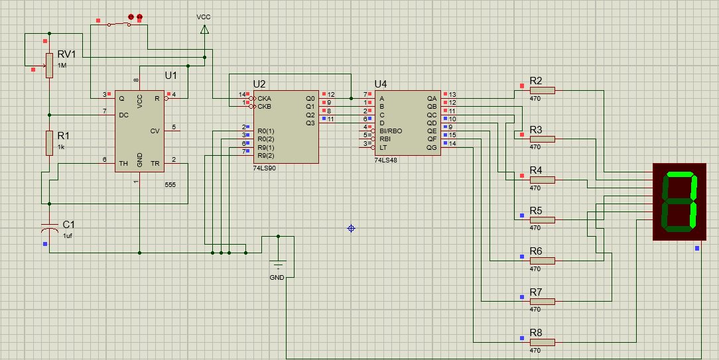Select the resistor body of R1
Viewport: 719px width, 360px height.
(x=49, y=143)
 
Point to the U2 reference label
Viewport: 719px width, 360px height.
(x=259, y=84)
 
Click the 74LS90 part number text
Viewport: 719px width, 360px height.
(x=264, y=168)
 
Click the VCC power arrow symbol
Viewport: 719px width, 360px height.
(x=204, y=29)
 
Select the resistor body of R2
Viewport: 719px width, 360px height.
(x=542, y=90)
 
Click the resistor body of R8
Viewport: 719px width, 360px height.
(x=542, y=341)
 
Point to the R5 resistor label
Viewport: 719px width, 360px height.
(x=535, y=211)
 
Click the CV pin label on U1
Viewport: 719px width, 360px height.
(x=155, y=131)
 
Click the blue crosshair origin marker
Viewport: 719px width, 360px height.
(x=351, y=229)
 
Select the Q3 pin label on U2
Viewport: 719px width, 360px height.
(x=310, y=123)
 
